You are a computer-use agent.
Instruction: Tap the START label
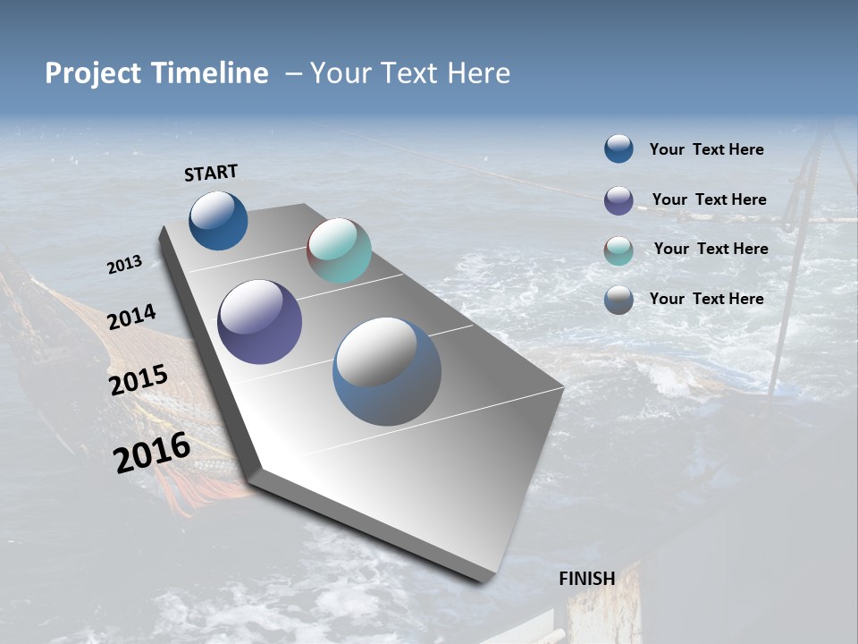click(211, 173)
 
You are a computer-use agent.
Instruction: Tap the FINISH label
click(586, 579)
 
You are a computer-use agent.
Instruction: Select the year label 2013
click(124, 265)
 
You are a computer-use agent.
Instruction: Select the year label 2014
click(131, 318)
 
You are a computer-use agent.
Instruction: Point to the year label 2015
click(138, 380)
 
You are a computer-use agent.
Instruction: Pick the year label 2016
click(152, 452)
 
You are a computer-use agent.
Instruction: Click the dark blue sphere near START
click(218, 221)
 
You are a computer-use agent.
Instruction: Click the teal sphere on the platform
click(339, 250)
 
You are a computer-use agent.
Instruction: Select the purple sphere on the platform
click(259, 322)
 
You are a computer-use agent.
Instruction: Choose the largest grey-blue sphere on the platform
click(387, 371)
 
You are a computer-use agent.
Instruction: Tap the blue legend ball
click(618, 148)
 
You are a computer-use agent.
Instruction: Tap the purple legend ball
click(618, 200)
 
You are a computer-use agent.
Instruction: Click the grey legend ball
click(618, 301)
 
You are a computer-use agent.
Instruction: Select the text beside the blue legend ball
click(706, 150)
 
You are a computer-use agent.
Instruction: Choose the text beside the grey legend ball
click(706, 299)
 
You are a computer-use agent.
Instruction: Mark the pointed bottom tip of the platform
click(484, 580)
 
